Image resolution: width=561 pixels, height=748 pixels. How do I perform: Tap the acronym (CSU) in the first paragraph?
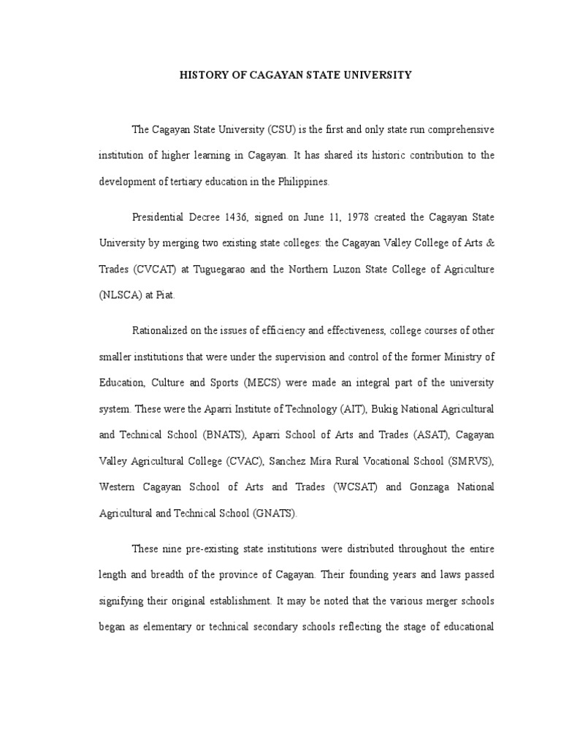(x=264, y=129)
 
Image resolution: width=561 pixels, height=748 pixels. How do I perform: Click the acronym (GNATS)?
(x=275, y=513)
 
